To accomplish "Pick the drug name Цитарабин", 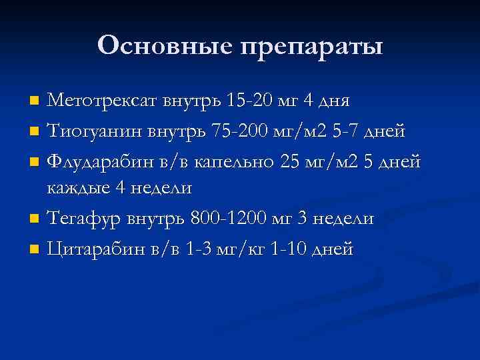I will click(91, 249).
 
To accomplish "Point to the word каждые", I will click(75, 189).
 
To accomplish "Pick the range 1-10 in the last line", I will click(293, 249).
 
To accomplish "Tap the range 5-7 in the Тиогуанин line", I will click(349, 131).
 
